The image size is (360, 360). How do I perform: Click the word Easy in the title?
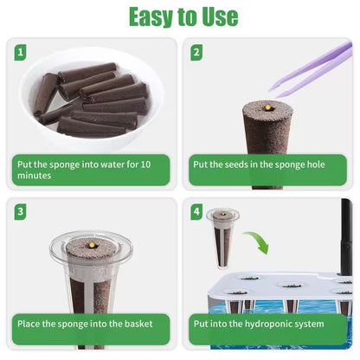tap(151, 17)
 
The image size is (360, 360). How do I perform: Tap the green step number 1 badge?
tap(20, 53)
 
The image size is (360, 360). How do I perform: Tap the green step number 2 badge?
tap(196, 53)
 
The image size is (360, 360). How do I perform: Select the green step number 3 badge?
tap(20, 212)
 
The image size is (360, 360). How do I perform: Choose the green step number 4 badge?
tap(196, 212)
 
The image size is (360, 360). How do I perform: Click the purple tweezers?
tap(312, 69)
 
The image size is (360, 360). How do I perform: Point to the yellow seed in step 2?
tap(268, 107)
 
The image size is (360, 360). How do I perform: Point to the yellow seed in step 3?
tap(92, 245)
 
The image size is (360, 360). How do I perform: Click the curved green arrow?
tap(259, 240)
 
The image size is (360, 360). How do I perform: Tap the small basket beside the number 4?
tap(222, 238)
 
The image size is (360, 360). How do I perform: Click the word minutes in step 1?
tap(35, 176)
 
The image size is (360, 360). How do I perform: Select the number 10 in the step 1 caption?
tap(145, 164)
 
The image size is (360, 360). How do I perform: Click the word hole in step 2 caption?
tap(314, 164)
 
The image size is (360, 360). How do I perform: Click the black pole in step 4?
tap(346, 236)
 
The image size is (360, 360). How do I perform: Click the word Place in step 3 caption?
tap(29, 324)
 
